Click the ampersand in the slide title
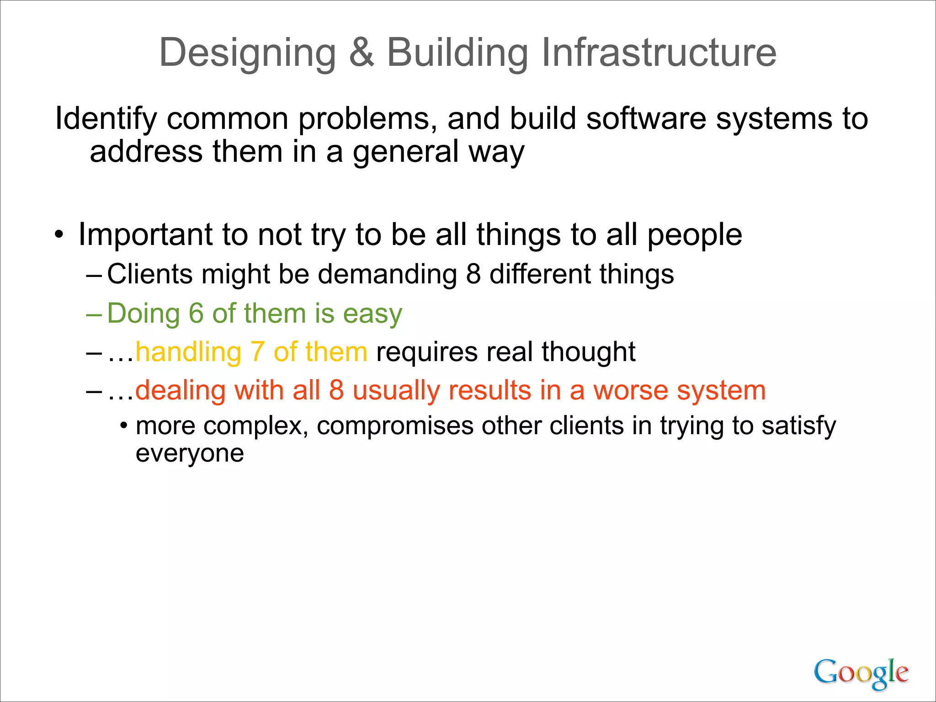pos(362,53)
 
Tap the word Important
pos(145,235)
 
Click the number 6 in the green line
pos(196,314)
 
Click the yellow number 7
pos(257,352)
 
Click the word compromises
pos(394,426)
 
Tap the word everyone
pos(190,454)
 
